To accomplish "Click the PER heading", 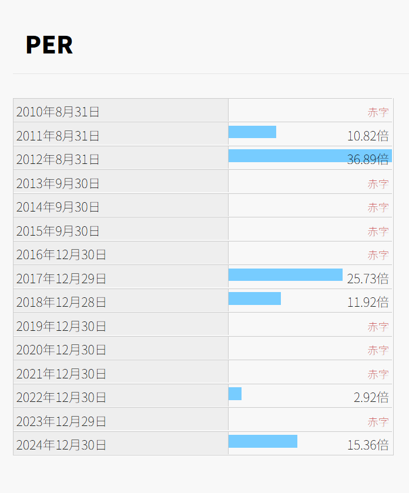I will click(x=49, y=45).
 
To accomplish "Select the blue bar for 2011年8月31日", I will click(x=252, y=132).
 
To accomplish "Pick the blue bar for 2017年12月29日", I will click(x=285, y=275).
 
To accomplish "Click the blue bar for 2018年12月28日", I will click(x=254, y=299).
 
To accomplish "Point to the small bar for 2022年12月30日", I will click(x=235, y=394).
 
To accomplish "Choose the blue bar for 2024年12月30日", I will click(x=263, y=441).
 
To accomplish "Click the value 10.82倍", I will click(x=368, y=136).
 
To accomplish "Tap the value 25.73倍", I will click(x=368, y=279).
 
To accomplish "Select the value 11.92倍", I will click(x=368, y=303).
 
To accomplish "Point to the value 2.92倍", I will click(x=371, y=398).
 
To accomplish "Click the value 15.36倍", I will click(x=368, y=445).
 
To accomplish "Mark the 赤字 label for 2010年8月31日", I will click(x=378, y=112).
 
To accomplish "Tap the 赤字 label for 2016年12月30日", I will click(x=378, y=255).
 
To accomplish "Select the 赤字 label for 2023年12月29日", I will click(x=378, y=422).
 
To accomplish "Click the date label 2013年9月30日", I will click(x=58, y=183).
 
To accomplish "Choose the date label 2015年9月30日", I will click(x=58, y=231).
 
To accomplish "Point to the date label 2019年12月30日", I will click(x=61, y=326).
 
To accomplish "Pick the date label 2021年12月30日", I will click(x=61, y=374).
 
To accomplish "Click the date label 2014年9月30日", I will click(x=58, y=207).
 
